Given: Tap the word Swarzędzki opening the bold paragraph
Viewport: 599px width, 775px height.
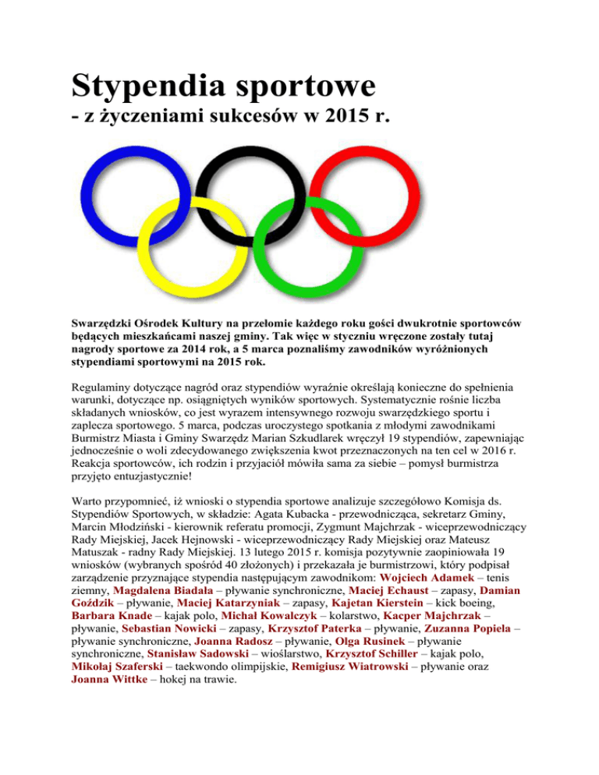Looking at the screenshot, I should click(115, 323).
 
